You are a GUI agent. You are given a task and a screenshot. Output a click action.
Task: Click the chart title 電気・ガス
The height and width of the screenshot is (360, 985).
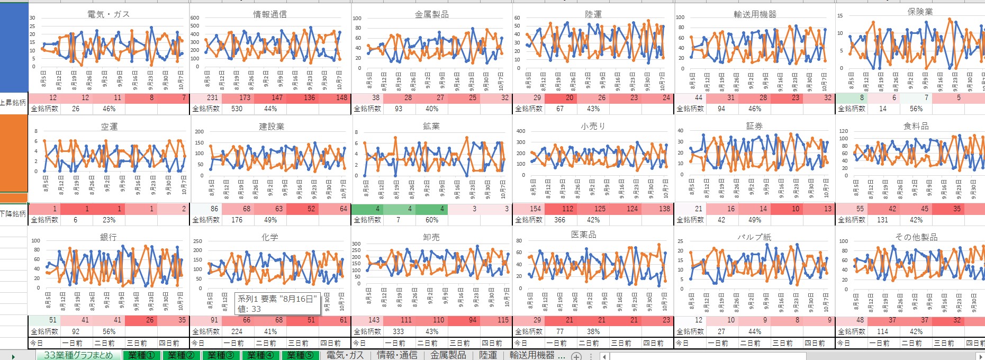[x=109, y=14]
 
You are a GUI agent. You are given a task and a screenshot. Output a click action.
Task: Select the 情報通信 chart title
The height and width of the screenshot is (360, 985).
[x=270, y=14]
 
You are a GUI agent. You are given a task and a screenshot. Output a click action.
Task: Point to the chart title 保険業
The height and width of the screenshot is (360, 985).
[x=920, y=12]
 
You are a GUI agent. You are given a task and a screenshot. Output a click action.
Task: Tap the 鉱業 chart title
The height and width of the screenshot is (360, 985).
[x=431, y=126]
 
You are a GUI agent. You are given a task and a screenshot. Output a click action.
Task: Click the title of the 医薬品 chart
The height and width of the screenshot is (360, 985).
[x=584, y=234]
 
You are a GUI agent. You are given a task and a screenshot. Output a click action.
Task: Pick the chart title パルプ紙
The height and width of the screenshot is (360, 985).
[x=754, y=237]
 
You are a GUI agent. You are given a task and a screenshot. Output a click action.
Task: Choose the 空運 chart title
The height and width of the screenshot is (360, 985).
[x=109, y=127]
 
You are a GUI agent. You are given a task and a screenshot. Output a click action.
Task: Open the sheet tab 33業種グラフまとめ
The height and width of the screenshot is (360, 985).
[x=78, y=355]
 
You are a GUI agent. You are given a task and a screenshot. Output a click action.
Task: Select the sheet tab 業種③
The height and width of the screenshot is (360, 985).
[x=221, y=355]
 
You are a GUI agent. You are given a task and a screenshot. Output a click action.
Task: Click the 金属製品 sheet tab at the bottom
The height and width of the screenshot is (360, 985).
[x=448, y=355]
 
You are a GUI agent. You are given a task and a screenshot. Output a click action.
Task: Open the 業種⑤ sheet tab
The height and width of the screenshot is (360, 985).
[x=300, y=355]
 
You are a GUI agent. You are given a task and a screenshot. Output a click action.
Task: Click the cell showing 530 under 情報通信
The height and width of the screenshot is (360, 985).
[x=237, y=109]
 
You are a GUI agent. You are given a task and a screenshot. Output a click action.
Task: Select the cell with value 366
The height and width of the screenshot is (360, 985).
[x=559, y=220]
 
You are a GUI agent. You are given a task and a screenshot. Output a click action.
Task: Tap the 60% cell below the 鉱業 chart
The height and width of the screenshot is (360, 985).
[x=432, y=220]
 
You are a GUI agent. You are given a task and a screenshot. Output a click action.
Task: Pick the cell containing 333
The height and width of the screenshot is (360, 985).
[x=398, y=331]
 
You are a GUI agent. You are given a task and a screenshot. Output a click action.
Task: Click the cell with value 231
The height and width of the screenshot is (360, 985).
[x=213, y=97]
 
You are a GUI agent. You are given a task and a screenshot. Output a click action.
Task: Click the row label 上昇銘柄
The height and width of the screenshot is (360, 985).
[x=13, y=103]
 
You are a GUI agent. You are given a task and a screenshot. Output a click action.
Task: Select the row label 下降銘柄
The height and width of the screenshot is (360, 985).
[x=13, y=214]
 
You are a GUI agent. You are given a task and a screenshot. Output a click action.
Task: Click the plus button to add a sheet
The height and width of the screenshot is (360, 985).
[x=576, y=356]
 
